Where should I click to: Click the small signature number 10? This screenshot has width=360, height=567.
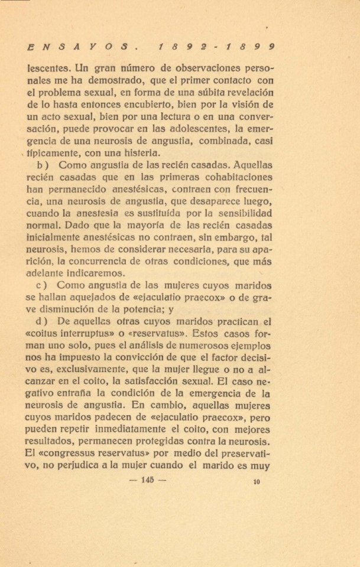pyautogui.click(x=256, y=482)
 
